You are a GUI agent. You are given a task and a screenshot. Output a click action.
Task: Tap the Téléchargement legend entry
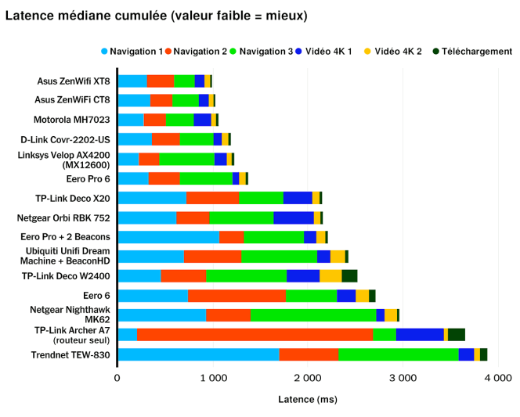pos(471,52)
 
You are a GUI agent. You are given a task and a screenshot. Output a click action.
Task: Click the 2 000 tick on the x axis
pos(308,378)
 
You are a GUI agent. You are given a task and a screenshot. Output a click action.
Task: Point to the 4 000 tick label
pos(498,378)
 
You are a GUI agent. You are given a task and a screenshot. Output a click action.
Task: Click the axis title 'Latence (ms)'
pos(308,399)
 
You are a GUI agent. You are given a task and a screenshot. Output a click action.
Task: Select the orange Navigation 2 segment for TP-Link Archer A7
pos(255,335)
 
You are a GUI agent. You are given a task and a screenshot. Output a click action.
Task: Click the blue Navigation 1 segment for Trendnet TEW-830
pos(198,354)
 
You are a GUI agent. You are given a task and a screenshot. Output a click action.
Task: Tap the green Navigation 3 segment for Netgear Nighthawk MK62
pos(313,315)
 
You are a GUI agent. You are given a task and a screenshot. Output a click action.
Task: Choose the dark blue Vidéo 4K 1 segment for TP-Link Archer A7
pos(420,335)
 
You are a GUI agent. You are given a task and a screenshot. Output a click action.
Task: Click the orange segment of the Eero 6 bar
pos(237,295)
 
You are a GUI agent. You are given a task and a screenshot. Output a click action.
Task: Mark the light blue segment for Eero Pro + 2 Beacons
pos(168,236)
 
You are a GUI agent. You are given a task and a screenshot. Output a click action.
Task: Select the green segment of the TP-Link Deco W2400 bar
pos(247,275)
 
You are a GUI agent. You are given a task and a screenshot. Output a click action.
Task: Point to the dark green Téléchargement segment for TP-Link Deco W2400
pos(349,275)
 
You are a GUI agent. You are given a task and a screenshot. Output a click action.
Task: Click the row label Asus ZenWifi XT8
pos(74,81)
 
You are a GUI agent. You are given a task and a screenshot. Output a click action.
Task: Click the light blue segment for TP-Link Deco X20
pos(152,197)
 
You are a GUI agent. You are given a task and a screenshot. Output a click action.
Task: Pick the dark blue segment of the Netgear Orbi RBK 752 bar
pos(294,217)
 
